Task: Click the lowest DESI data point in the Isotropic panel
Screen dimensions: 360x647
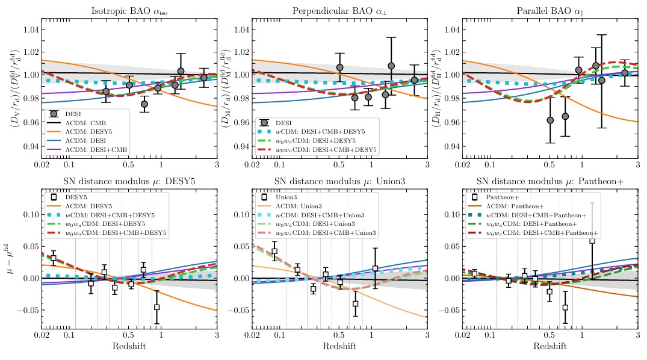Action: click(144, 104)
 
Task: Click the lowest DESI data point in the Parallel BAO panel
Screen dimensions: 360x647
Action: click(550, 120)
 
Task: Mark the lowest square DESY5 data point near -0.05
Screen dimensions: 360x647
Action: click(156, 307)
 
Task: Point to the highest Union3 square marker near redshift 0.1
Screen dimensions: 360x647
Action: click(274, 252)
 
